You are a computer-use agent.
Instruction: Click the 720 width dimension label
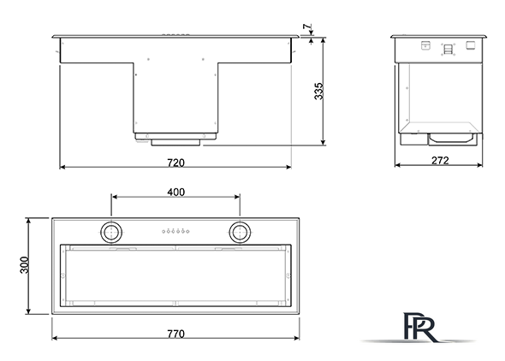tap(175, 163)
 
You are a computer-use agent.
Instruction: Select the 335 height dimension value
tap(318, 91)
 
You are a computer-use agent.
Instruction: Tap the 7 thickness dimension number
tap(307, 27)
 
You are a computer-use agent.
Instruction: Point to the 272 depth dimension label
tap(440, 160)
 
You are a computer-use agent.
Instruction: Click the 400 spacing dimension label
tap(175, 192)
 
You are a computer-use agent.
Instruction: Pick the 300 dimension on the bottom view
tap(25, 265)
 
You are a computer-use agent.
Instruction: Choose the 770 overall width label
tap(175, 334)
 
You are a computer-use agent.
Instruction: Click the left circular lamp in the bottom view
tap(111, 232)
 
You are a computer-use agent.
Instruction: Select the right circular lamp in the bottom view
tap(240, 232)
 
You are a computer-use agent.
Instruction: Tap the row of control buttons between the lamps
tap(175, 231)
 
